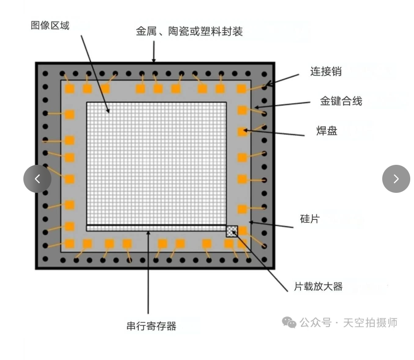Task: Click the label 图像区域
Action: (x=50, y=26)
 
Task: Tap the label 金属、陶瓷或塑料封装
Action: (x=189, y=32)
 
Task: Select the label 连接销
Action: (x=326, y=71)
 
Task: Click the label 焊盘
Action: (x=327, y=131)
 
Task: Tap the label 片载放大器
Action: (x=318, y=286)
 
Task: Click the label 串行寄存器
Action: (x=151, y=326)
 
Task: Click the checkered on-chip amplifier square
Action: (x=232, y=231)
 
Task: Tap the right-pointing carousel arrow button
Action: (x=396, y=179)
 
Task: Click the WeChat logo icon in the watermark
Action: (x=289, y=322)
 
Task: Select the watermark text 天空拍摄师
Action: (x=370, y=323)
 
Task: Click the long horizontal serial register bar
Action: (x=156, y=228)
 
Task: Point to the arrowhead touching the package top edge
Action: (x=154, y=60)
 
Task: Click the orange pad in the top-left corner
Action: (x=70, y=89)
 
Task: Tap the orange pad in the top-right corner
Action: (x=241, y=89)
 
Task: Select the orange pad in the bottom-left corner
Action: (x=70, y=244)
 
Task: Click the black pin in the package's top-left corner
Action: (x=45, y=74)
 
